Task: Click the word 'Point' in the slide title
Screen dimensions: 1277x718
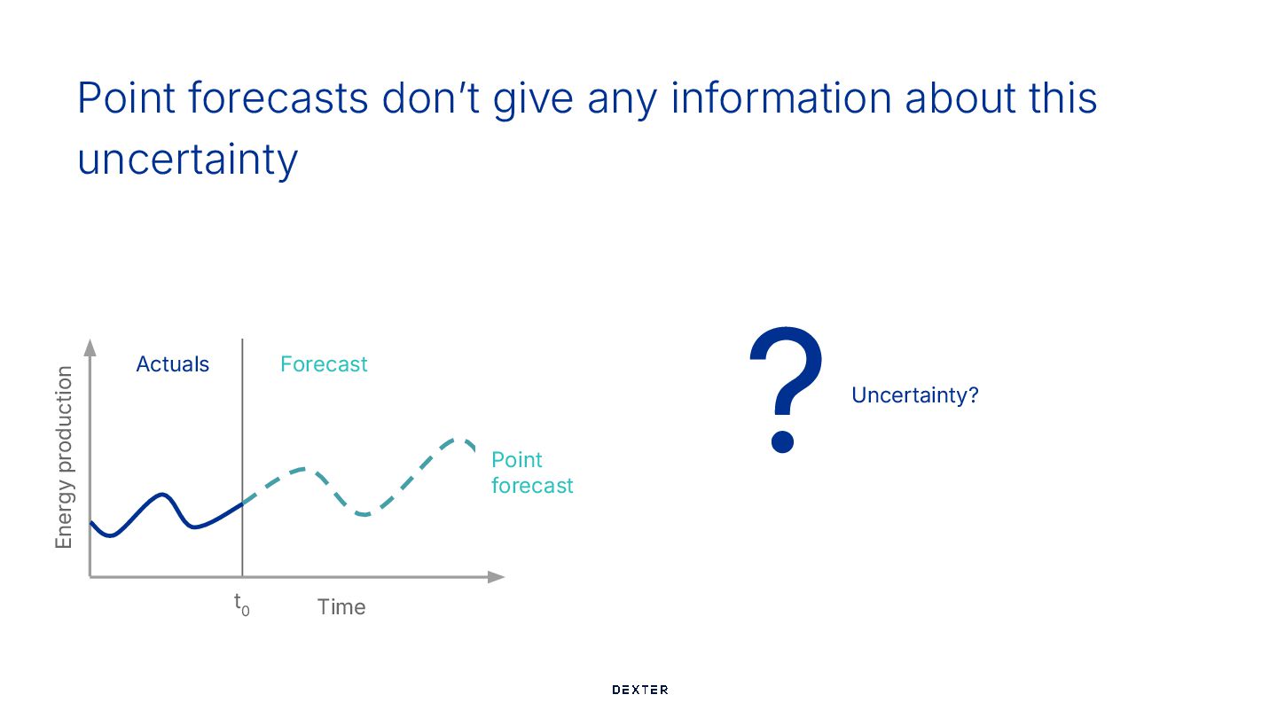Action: pos(126,98)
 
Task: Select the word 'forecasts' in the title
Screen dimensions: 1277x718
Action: pos(278,98)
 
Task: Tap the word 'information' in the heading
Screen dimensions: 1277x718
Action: pos(781,98)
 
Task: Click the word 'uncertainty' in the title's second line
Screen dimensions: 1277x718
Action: pos(188,159)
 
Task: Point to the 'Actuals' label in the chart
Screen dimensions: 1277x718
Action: pos(173,364)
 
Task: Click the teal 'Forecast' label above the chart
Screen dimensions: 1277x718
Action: pos(324,364)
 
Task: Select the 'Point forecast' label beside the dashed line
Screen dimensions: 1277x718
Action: pos(532,472)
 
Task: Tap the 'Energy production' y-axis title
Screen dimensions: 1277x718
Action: pos(64,457)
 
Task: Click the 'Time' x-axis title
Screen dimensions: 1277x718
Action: pos(341,607)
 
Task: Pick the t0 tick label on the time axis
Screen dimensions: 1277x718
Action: pos(242,605)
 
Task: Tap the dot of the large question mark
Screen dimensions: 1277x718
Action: pos(783,442)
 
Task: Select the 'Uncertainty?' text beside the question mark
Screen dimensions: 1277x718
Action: pos(915,395)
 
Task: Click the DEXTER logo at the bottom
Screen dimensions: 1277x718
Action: pos(639,690)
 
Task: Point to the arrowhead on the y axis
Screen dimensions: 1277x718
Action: pos(90,347)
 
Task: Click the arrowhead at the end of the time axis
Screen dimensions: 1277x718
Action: pos(497,577)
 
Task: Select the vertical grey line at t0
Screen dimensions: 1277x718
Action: pos(242,457)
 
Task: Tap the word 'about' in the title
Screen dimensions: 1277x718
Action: pos(960,98)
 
